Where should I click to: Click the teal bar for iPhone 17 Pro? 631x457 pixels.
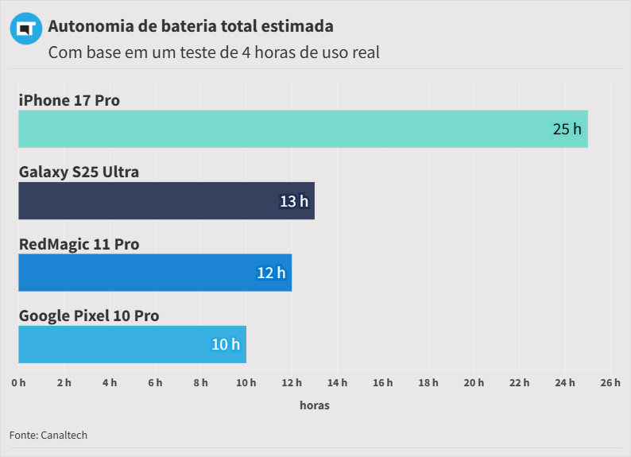coord(302,129)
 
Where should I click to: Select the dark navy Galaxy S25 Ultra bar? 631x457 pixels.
coord(166,200)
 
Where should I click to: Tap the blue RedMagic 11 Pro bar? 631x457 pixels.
coord(155,273)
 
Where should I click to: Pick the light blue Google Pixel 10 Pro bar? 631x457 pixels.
coord(132,344)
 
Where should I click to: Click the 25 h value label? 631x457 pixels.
coord(567,129)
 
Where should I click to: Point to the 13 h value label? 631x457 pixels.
coord(294,201)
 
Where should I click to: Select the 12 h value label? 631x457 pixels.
coord(271,273)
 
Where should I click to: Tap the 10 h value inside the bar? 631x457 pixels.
coord(226,344)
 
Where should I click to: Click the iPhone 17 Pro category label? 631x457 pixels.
coord(69,100)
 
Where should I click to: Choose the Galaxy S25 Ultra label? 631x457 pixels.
coord(79,172)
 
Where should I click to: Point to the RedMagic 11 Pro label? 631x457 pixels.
coord(79,244)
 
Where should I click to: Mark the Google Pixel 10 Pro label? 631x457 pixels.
coord(89,316)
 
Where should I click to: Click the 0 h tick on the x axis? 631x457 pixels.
coord(18,383)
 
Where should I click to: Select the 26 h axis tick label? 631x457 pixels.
coord(610,383)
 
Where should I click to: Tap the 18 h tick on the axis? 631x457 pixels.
coord(428,383)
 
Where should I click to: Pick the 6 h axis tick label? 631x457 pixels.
coord(155,383)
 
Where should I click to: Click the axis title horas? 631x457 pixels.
coord(315,405)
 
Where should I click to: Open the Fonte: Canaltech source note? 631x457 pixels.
coord(48,435)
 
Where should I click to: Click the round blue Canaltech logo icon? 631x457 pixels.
coord(25,29)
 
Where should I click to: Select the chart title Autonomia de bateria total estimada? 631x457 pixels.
coord(191,26)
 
